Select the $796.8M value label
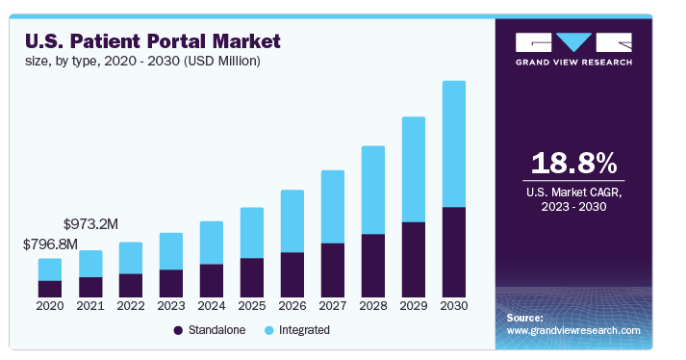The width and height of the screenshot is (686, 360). click(50, 244)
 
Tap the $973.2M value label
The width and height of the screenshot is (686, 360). click(90, 223)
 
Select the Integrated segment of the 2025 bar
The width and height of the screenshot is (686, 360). click(251, 232)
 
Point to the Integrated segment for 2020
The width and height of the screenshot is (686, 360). click(50, 270)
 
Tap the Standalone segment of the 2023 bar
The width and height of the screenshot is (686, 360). click(170, 282)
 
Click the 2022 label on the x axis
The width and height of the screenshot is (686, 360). click(130, 306)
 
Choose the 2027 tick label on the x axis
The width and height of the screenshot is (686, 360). click(332, 306)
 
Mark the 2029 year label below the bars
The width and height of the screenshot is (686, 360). click(413, 306)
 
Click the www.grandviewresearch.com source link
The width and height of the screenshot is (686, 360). click(572, 330)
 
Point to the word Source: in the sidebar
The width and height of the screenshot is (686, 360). click(524, 317)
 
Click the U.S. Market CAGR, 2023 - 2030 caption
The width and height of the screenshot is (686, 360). click(573, 199)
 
